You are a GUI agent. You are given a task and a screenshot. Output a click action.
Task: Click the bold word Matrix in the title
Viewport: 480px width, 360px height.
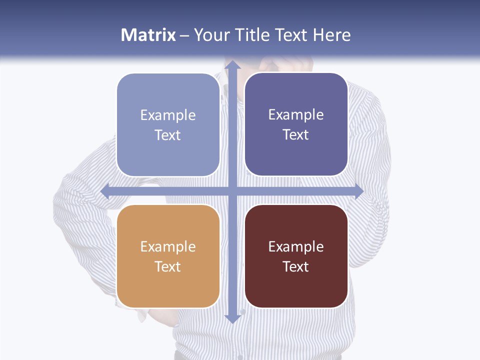click(148, 35)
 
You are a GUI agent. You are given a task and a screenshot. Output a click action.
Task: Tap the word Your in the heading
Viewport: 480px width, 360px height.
click(211, 35)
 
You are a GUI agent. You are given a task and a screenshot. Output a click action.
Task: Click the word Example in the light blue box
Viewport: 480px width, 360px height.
click(168, 115)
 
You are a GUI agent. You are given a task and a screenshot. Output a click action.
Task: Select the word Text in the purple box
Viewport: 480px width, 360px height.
click(296, 135)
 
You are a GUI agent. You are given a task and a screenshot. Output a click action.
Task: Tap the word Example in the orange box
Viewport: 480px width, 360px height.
click(168, 247)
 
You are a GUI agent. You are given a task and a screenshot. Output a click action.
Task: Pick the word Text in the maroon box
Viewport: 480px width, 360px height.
click(296, 266)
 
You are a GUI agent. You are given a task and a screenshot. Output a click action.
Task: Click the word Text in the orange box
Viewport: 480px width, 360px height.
click(168, 266)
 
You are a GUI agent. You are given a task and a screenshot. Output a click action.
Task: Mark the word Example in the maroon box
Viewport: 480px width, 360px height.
click(296, 247)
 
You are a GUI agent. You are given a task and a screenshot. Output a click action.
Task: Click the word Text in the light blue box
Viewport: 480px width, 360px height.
click(168, 135)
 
